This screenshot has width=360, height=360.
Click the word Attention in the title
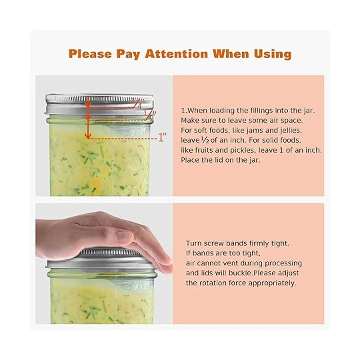point(176,54)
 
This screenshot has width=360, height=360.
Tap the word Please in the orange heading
point(90,54)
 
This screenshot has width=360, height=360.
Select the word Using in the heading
point(272,54)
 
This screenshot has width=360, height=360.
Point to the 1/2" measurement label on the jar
point(150,115)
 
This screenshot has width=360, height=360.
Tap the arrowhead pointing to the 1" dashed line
point(88,136)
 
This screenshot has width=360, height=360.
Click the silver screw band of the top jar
point(100,105)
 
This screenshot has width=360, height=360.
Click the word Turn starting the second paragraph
point(194,243)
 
